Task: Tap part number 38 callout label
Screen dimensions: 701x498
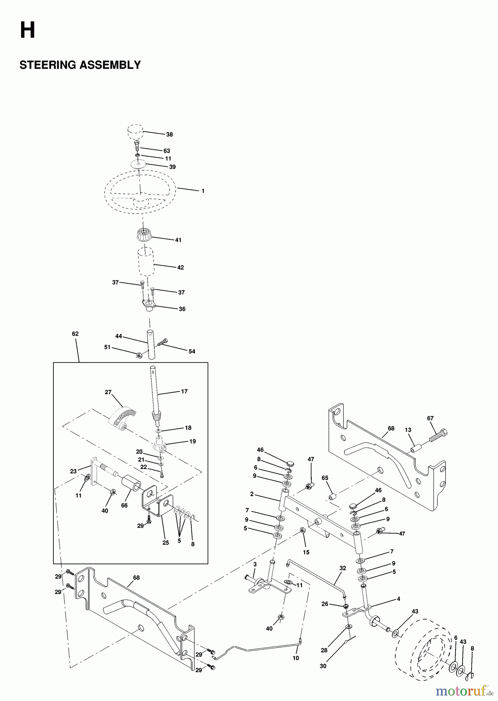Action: point(169,134)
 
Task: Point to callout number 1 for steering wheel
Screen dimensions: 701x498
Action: point(203,191)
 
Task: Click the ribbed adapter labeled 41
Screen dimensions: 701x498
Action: point(143,236)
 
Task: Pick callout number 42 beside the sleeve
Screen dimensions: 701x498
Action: point(180,268)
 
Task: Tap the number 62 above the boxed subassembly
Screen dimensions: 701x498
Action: point(75,334)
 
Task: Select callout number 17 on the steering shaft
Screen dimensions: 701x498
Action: point(184,391)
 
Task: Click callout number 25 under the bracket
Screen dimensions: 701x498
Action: point(166,542)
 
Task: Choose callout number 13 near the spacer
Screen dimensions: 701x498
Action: point(408,430)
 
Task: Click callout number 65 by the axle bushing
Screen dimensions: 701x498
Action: point(325,477)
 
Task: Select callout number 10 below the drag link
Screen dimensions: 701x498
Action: point(296,658)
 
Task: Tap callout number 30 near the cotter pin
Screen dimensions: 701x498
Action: point(323,666)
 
